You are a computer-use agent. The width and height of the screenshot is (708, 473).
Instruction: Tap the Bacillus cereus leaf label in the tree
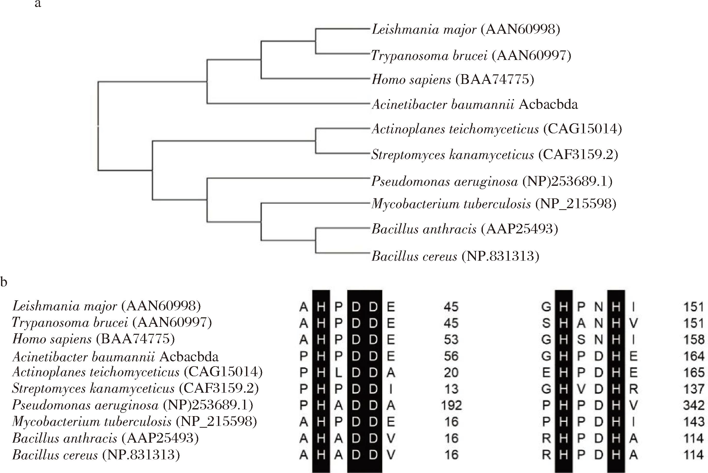point(455,256)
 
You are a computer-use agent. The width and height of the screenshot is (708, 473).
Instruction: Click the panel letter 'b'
point(4,282)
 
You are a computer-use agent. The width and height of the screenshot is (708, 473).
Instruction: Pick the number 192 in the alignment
point(451,405)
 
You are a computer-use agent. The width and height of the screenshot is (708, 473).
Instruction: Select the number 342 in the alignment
point(694,405)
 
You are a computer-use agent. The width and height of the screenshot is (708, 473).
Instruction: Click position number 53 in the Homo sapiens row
point(451,340)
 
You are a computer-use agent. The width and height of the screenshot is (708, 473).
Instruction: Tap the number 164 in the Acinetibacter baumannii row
point(694,356)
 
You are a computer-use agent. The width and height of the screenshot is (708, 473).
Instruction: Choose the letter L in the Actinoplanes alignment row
point(339,373)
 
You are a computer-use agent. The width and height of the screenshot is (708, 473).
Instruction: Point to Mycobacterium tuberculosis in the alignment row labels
point(134,422)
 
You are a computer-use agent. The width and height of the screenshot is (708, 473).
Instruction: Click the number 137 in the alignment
point(694,389)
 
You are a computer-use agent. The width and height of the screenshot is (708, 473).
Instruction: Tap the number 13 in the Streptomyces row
point(451,389)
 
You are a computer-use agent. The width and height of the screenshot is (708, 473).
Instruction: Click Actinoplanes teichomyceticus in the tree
point(497,129)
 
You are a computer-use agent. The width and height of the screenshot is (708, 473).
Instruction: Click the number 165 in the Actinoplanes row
point(694,373)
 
